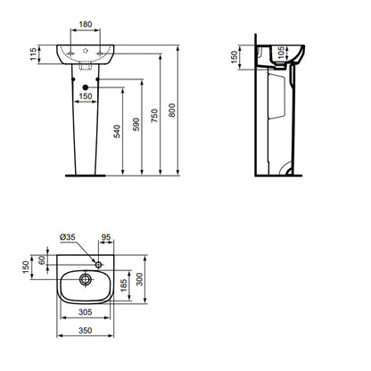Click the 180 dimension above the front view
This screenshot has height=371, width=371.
86,24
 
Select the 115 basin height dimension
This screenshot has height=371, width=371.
33,54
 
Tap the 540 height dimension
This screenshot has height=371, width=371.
118,131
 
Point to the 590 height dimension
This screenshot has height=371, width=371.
136,125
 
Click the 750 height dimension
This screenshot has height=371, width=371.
154,116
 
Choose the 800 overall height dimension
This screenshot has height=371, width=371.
172,110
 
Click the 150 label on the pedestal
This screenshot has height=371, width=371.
86,96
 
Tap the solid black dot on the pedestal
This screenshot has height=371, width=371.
86,87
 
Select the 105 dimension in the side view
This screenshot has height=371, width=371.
281,53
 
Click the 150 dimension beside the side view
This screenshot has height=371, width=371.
235,57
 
